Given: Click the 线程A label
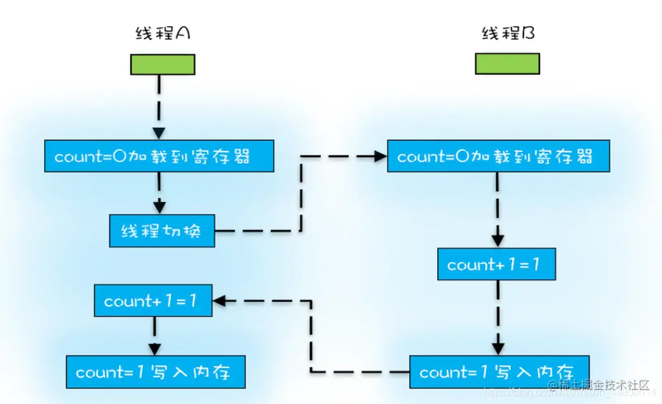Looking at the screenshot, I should (x=163, y=34).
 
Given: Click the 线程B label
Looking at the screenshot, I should (x=508, y=34).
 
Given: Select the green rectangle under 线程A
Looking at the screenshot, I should (x=163, y=64).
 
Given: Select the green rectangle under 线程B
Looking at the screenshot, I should (x=508, y=64).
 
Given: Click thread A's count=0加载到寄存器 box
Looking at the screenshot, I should (x=159, y=157).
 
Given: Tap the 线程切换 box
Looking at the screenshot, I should (x=161, y=231).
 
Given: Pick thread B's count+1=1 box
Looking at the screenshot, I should (x=496, y=265).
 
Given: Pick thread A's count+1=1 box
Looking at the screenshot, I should (x=153, y=301).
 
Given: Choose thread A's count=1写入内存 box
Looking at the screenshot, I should (x=155, y=372).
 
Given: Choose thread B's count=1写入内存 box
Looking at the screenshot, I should (x=499, y=372).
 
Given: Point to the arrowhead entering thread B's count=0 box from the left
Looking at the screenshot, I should (x=380, y=157).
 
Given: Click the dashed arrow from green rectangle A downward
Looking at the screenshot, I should (x=159, y=104).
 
